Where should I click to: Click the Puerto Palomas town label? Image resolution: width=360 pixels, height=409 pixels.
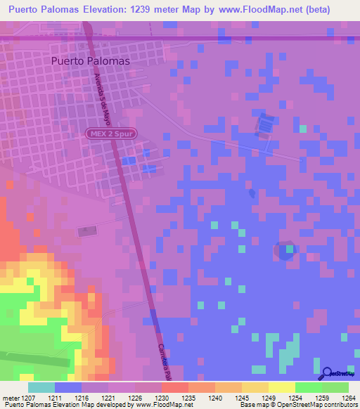coord(91,61)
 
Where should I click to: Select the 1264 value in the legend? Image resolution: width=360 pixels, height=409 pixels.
coord(349,398)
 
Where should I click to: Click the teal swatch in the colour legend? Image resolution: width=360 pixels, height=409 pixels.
coord(41,387)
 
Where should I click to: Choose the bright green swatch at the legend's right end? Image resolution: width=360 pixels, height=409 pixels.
coord(335,387)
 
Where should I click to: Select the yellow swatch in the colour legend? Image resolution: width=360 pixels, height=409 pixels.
coord(282,387)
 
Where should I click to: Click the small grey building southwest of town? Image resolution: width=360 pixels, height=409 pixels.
coord(86,231)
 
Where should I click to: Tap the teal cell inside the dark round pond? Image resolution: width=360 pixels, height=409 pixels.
coord(288,247)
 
